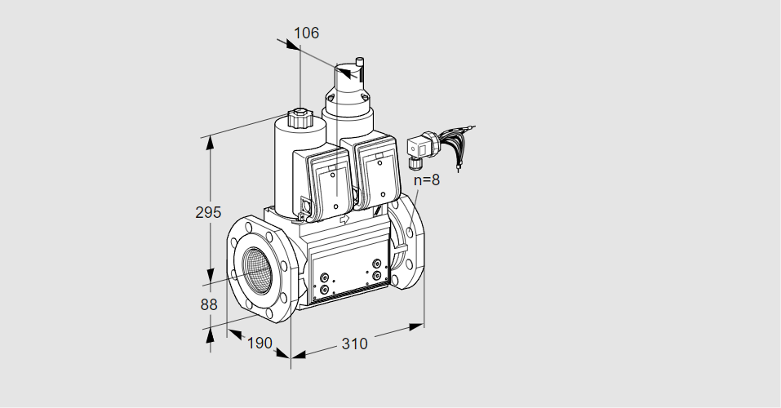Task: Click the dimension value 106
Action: click(306, 33)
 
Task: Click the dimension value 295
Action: click(208, 212)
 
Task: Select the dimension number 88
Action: click(209, 304)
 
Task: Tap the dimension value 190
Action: click(259, 344)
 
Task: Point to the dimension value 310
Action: click(354, 344)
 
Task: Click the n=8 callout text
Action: click(426, 180)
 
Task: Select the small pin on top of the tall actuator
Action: click(358, 61)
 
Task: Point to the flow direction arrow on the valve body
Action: click(344, 219)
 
